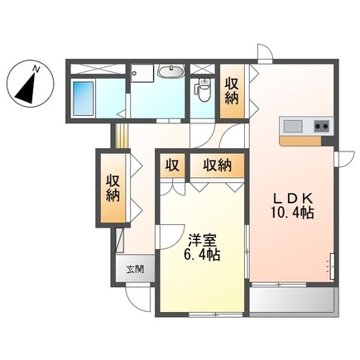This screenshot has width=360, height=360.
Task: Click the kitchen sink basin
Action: click(x=293, y=126)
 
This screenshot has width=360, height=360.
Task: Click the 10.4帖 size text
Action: click(x=295, y=214)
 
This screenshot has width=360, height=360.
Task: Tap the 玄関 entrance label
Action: click(x=135, y=269)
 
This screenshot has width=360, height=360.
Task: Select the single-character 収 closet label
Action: click(x=172, y=165)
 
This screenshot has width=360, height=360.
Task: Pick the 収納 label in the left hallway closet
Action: click(x=113, y=187)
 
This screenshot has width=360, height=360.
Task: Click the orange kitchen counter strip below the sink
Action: click(x=306, y=141)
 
